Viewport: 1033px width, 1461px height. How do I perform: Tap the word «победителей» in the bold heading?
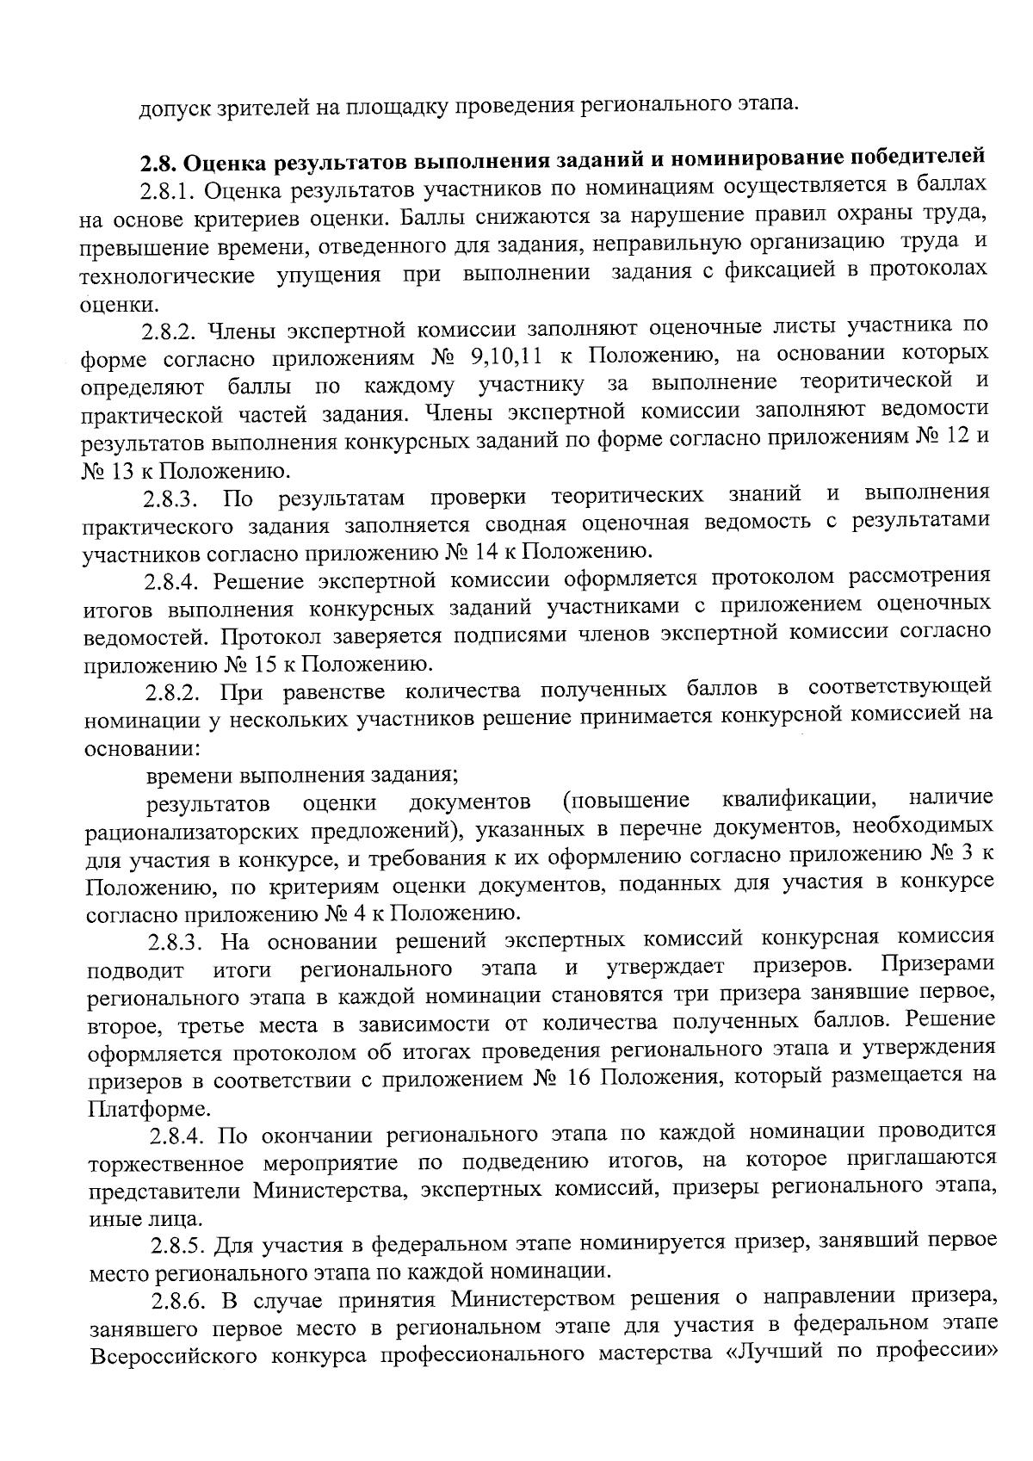point(915,158)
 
